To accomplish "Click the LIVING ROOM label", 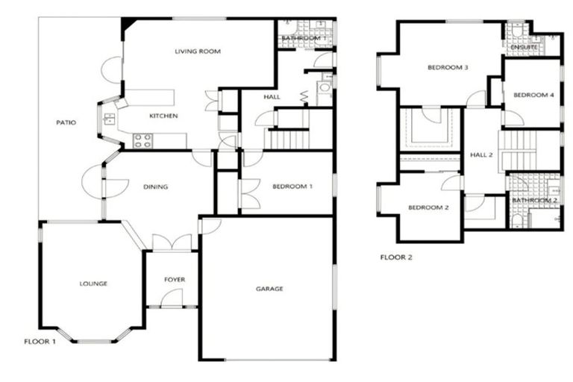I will [x=198, y=51].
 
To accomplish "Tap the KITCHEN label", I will [x=163, y=116].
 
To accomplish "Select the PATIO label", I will [x=66, y=123].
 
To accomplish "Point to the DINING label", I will [x=155, y=187].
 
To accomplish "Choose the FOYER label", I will [x=175, y=280].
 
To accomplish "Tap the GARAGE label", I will [x=269, y=289].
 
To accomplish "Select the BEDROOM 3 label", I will [x=447, y=68].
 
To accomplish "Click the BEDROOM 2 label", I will [x=428, y=207].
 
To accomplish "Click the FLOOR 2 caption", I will [x=396, y=257].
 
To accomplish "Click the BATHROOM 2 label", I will [x=534, y=200].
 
